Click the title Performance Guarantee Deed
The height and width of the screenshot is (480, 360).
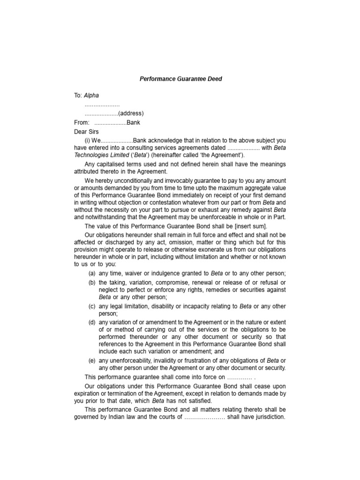pyautogui.click(x=180, y=79)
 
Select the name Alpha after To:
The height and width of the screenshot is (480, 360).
pyautogui.click(x=92, y=96)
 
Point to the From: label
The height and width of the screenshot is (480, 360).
pyautogui.click(x=82, y=122)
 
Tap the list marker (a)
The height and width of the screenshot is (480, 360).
pyautogui.click(x=92, y=273)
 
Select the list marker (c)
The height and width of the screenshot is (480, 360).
pyautogui.click(x=92, y=307)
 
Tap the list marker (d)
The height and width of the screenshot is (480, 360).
pyautogui.click(x=92, y=322)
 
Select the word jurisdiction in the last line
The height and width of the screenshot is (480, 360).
pyautogui.click(x=268, y=417)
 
